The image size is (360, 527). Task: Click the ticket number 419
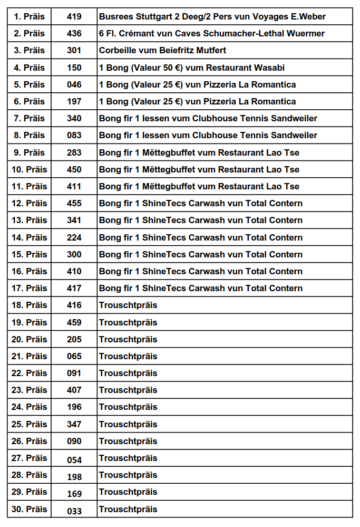click(74, 16)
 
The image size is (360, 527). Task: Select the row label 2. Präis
click(30, 33)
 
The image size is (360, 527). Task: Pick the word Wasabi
click(270, 68)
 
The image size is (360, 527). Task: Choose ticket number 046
click(74, 84)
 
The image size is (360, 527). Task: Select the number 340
click(74, 118)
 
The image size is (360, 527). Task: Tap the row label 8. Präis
click(30, 135)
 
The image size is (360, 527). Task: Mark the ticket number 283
click(74, 152)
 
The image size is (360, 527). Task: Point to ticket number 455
click(74, 203)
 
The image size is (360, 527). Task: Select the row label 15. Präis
click(30, 254)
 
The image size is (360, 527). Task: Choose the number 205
click(74, 339)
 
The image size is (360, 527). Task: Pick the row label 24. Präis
click(30, 407)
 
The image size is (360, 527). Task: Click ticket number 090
click(74, 441)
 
